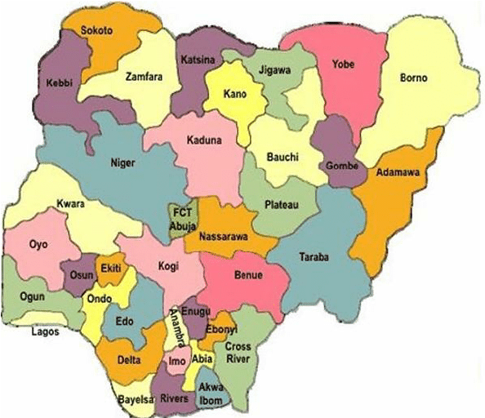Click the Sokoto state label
point(96,30)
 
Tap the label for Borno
point(414,78)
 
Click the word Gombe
point(341,166)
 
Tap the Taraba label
point(314,256)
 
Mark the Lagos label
point(47,332)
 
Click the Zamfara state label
point(140,77)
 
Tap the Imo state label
point(176,360)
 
